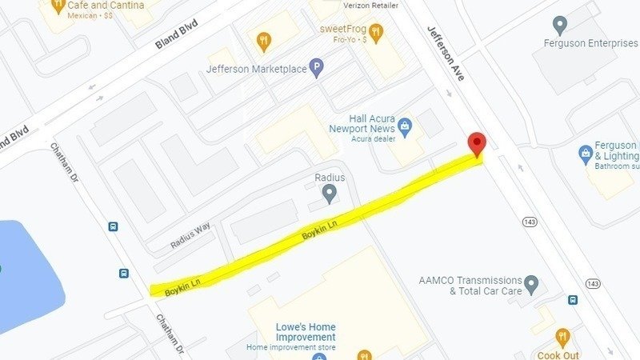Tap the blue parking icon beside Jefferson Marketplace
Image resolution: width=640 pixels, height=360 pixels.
point(317,70)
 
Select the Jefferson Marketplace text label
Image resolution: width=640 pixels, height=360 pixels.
point(256,70)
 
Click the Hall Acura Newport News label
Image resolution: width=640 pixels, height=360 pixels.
point(361,124)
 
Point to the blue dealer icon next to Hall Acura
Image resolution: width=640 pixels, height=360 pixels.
point(406,126)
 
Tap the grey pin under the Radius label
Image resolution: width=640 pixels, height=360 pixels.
point(329,193)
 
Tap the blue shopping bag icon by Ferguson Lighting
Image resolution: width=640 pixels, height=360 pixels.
point(586,152)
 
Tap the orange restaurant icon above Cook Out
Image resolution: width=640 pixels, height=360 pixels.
point(562,337)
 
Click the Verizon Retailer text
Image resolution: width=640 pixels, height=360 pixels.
point(369,5)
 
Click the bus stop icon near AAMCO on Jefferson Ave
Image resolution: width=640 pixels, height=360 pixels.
point(573,300)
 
